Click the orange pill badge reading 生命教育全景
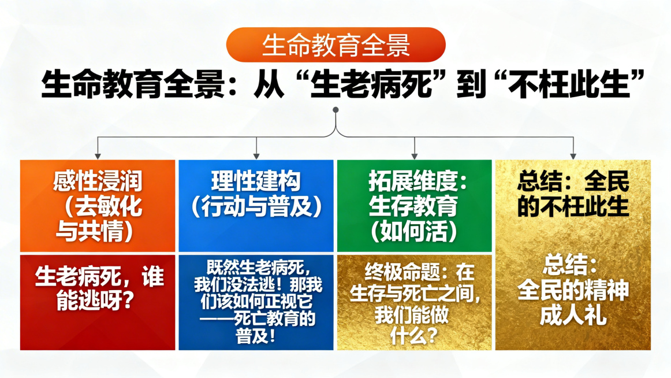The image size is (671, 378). point(335,45)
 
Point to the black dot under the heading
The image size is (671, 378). point(335,110)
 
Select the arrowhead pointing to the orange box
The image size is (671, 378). point(98,155)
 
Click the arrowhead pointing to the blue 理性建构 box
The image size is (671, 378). point(256,155)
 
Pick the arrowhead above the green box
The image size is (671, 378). point(415,155)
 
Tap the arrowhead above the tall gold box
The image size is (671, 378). point(573,155)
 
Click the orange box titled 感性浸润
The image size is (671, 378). point(98,206)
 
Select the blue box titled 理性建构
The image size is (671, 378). point(256,206)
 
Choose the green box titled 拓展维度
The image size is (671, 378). point(414,206)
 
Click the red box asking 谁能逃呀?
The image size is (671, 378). point(98,302)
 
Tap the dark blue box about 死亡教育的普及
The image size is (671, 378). point(256,302)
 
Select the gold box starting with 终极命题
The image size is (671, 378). point(414,302)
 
